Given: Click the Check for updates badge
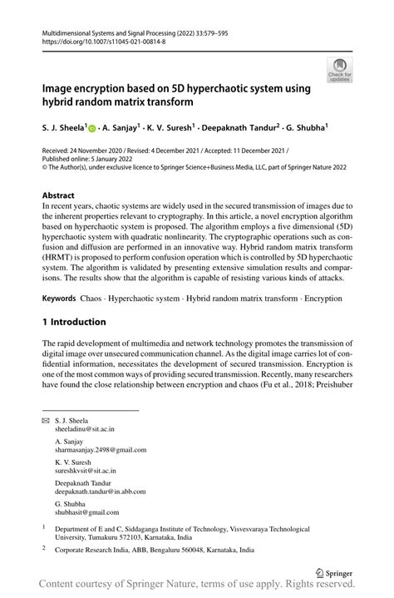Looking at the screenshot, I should click(339, 71).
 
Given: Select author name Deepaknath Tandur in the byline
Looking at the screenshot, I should click(235, 130).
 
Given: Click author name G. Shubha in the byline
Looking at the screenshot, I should click(308, 130).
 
